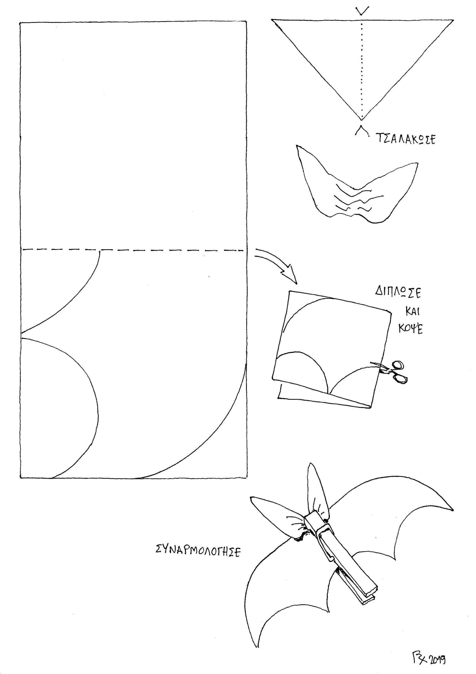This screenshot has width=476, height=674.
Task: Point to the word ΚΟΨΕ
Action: point(411,330)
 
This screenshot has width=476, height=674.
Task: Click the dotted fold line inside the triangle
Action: point(362,70)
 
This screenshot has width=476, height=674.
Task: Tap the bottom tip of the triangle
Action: point(362,120)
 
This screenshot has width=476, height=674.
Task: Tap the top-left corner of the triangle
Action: point(272,20)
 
